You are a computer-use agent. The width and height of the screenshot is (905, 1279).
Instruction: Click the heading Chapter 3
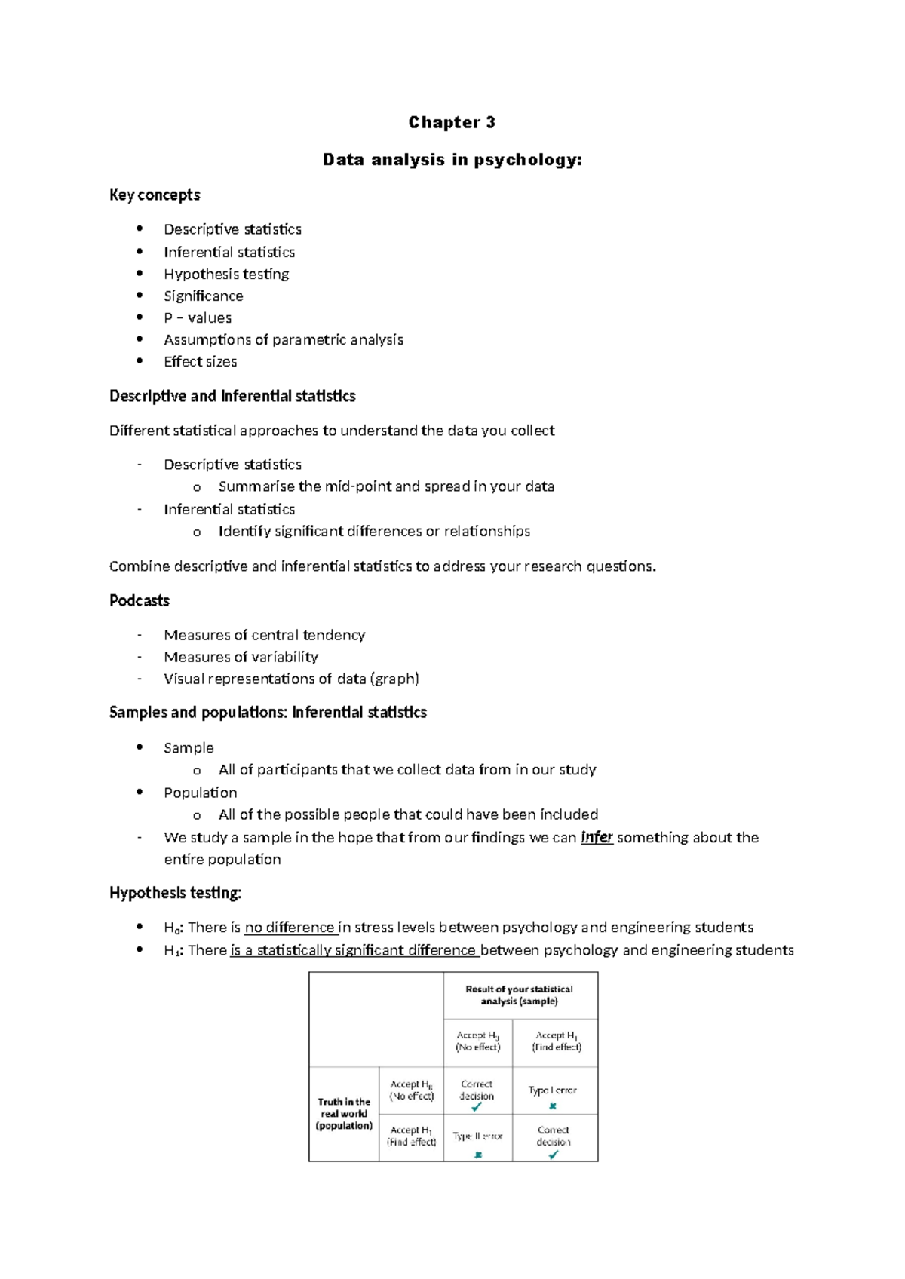(x=451, y=122)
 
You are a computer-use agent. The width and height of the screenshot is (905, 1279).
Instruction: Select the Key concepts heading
(x=155, y=195)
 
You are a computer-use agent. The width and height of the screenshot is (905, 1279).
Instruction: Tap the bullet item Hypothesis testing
(x=226, y=274)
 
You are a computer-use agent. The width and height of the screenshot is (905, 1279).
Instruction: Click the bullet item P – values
(x=198, y=317)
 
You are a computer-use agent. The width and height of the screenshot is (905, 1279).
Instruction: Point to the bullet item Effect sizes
(x=201, y=361)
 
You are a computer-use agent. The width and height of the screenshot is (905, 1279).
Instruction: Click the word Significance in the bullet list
(x=204, y=296)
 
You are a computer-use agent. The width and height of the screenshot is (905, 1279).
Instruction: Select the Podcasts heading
(x=140, y=600)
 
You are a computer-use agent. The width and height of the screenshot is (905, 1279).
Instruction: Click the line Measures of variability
(x=241, y=657)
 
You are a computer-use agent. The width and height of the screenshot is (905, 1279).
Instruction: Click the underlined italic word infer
(x=597, y=837)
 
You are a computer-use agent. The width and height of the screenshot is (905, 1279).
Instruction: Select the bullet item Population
(x=201, y=793)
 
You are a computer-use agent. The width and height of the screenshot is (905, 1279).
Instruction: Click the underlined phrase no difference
(x=290, y=928)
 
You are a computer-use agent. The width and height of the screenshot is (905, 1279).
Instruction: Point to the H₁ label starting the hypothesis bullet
(x=172, y=950)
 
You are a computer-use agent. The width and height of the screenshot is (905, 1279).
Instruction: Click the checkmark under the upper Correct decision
(x=477, y=1108)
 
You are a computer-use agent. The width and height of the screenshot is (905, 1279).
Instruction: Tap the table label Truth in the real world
(x=344, y=1114)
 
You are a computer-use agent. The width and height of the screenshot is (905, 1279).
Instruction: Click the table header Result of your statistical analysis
(x=519, y=995)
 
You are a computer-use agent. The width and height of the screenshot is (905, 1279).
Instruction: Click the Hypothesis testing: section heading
(x=175, y=893)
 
